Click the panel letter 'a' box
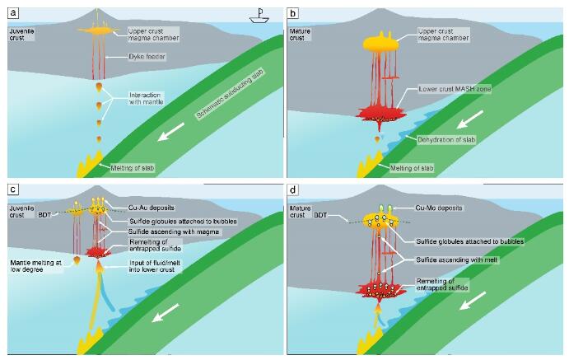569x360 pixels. coord(13,13)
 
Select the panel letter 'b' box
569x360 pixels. coord(292,13)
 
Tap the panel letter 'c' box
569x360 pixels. coord(13,189)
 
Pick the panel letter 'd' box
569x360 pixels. coord(292,189)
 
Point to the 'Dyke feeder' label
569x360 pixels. coord(147,57)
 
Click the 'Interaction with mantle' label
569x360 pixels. coord(147,98)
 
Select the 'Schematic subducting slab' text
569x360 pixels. coord(231,93)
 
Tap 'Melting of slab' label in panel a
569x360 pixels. coord(132,168)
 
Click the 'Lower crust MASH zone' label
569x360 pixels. coord(455,89)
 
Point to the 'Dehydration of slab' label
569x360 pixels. coord(446,140)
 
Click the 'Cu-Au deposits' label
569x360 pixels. coord(151,208)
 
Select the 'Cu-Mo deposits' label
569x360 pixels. coord(439,208)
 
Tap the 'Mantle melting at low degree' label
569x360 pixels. coord(36,266)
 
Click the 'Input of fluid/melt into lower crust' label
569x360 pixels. coord(155,266)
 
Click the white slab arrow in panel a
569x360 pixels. coord(171,132)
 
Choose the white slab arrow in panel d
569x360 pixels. coord(472,301)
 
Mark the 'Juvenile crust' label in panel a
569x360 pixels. coord(21,35)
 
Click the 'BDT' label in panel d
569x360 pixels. coord(320,215)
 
